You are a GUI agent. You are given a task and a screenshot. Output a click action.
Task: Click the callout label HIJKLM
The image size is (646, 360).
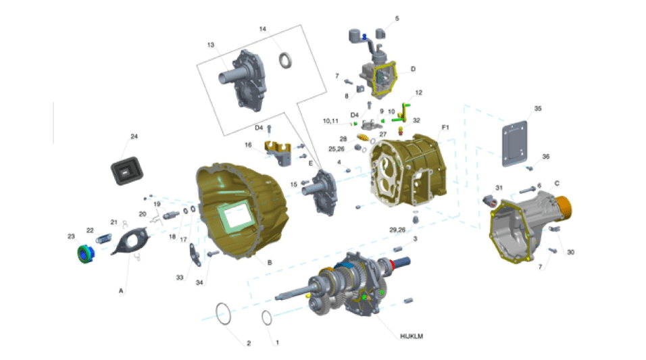click(x=411, y=336)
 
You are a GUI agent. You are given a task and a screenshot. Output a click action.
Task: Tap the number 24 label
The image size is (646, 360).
click(x=134, y=136)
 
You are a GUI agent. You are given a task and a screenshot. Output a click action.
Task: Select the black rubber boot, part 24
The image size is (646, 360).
click(x=127, y=170)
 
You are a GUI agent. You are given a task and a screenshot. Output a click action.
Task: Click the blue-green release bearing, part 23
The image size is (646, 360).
click(x=86, y=254)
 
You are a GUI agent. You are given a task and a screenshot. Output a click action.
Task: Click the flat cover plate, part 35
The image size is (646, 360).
click(x=515, y=144)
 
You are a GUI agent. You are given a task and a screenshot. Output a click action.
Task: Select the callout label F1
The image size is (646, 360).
click(x=445, y=127)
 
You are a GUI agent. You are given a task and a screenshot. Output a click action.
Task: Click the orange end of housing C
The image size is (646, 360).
click(x=563, y=208)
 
